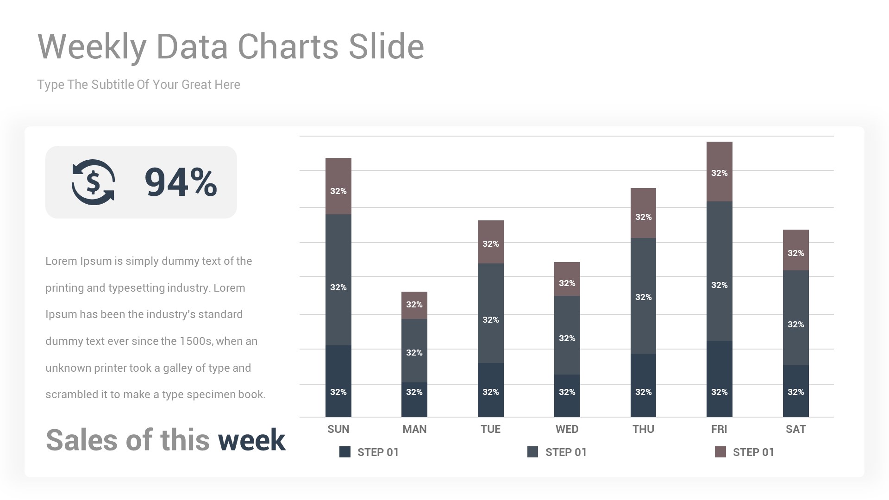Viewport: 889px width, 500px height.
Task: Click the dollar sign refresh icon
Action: [93, 182]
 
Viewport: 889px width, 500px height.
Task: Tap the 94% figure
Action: [181, 182]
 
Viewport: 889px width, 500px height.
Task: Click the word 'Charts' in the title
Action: [288, 47]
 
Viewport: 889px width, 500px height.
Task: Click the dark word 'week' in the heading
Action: [251, 440]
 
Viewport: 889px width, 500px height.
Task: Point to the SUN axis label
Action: [338, 429]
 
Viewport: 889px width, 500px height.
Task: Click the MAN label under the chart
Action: [414, 429]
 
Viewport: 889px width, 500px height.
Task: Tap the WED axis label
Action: [567, 429]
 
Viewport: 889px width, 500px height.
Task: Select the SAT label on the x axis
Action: [795, 429]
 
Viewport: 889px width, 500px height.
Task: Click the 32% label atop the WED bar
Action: [567, 283]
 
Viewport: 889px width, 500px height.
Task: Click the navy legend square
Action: [345, 452]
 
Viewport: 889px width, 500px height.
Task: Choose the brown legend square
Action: [720, 452]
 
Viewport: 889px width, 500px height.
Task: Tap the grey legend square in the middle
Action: [532, 452]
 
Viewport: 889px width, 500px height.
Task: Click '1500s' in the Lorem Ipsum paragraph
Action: [196, 342]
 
